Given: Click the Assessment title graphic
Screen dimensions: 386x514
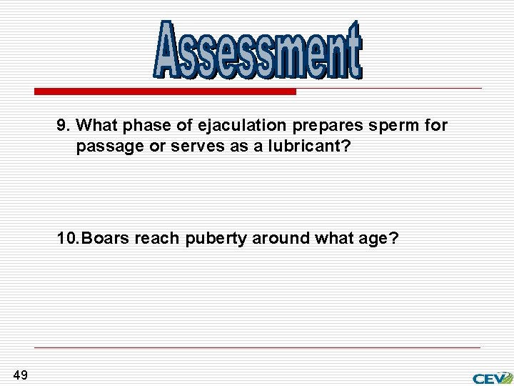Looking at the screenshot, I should click(258, 50).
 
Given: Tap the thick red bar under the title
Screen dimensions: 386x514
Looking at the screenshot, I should click(166, 91).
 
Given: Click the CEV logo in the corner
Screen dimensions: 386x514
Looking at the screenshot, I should click(492, 377).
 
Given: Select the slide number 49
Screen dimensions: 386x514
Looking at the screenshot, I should click(20, 375).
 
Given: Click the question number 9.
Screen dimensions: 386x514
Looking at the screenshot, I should click(64, 126).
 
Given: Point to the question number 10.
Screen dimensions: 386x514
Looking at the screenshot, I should click(69, 239).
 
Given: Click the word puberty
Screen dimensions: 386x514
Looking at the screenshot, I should click(216, 239).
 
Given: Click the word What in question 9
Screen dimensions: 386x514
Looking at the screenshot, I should click(99, 126).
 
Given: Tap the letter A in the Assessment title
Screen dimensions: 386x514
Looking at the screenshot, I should click(168, 50).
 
